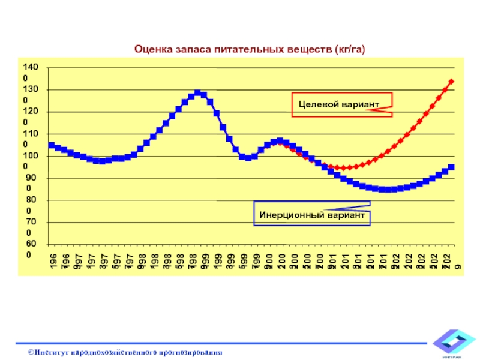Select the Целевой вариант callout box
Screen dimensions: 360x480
point(341,104)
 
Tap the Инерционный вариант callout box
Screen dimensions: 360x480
point(311,214)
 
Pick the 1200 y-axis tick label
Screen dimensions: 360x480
point(29,116)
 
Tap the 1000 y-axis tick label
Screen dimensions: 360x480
point(29,161)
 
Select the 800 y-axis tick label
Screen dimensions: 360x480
point(29,205)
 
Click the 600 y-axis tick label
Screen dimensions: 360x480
point(29,249)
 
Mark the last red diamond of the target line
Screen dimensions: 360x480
point(451,82)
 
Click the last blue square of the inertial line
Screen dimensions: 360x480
point(451,167)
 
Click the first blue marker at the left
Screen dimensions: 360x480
point(51,145)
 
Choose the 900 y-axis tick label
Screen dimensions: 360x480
point(29,183)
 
